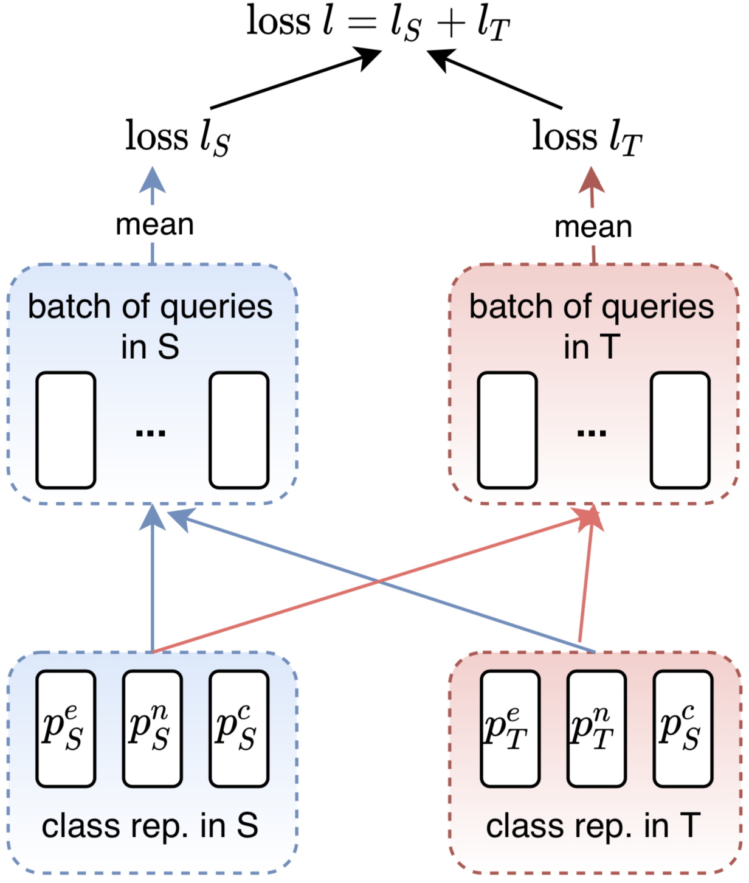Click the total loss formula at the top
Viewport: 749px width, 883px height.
click(378, 23)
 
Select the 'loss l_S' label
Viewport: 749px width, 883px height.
click(178, 137)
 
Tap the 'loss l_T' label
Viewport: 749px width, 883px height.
click(587, 137)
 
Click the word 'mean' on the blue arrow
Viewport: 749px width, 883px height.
click(155, 225)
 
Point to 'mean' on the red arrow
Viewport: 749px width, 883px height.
click(593, 227)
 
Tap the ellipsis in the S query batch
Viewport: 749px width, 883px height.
click(151, 433)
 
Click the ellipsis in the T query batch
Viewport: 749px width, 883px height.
click(592, 433)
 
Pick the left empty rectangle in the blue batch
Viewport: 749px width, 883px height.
click(66, 431)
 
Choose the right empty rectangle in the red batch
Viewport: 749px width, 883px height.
click(680, 431)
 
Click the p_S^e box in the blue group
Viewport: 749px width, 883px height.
click(66, 729)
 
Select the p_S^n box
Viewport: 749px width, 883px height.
click(152, 729)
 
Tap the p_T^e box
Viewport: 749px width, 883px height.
click(509, 729)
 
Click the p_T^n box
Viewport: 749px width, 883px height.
click(596, 729)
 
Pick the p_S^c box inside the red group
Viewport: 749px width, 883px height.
click(683, 729)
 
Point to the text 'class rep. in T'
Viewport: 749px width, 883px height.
click(593, 826)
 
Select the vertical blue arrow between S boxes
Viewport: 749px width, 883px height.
click(152, 578)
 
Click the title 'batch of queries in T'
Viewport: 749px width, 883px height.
click(592, 326)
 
